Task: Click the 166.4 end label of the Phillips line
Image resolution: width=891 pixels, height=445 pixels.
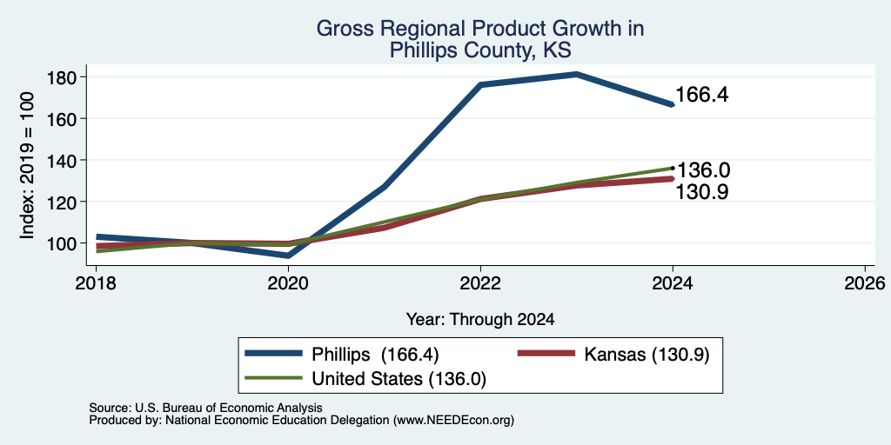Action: tap(702, 96)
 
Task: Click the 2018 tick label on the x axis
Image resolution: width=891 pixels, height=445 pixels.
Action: tap(96, 282)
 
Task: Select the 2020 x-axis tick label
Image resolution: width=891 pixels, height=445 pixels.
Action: tap(288, 282)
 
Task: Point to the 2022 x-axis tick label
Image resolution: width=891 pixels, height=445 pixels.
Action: tap(480, 282)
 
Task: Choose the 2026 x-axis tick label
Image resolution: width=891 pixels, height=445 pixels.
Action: tap(865, 282)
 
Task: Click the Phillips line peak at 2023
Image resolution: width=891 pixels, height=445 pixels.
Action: tap(577, 74)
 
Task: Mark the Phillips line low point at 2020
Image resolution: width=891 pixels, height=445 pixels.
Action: tap(288, 256)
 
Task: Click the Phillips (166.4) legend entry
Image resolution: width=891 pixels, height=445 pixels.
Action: tap(341, 355)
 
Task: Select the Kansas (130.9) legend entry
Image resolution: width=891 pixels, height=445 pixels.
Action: tap(613, 355)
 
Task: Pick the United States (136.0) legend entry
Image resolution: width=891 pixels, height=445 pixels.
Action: tap(365, 379)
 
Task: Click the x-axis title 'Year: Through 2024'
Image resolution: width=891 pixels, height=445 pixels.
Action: tap(480, 320)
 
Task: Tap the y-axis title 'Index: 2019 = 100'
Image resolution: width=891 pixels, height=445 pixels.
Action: tap(27, 166)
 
